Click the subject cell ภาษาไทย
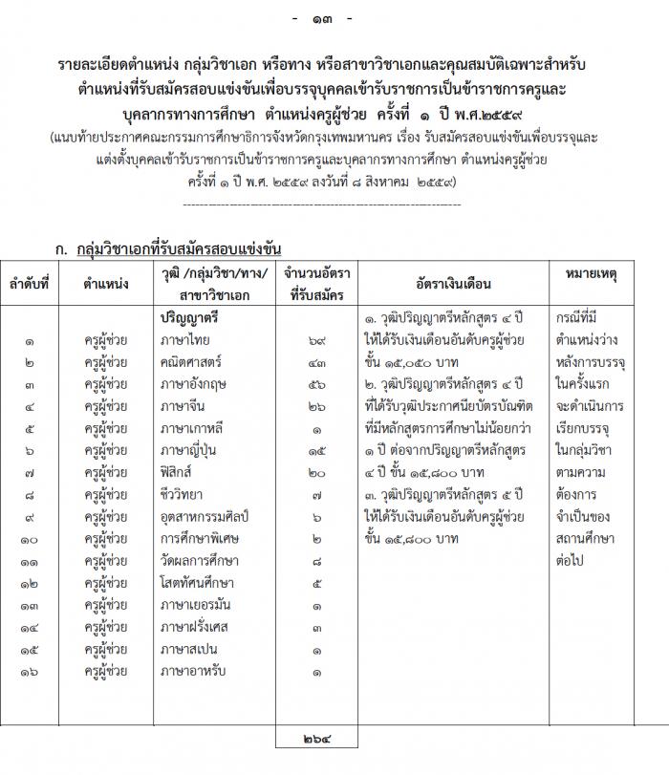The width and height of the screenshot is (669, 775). click(185, 340)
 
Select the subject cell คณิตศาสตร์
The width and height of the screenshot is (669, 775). click(192, 363)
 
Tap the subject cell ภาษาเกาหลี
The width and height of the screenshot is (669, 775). click(191, 429)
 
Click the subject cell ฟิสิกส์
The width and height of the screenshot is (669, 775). click(181, 473)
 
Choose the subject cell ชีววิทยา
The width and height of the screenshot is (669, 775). click(183, 495)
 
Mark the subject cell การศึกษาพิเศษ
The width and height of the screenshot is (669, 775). click(198, 539)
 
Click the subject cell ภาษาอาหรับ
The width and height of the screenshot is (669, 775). click(191, 671)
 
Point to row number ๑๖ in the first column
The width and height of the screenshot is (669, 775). click(30, 671)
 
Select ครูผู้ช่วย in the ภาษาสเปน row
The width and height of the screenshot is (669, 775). click(105, 649)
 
